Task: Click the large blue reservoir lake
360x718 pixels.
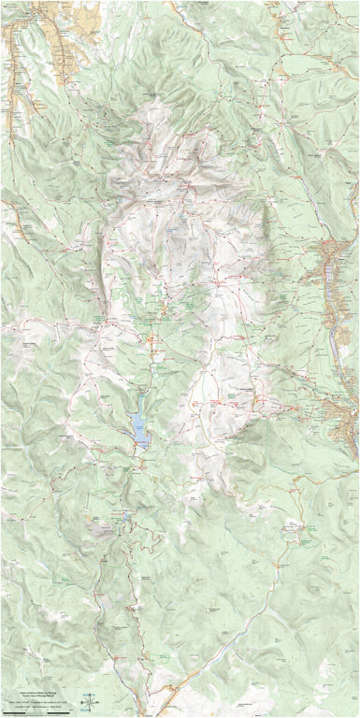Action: point(139,425)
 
